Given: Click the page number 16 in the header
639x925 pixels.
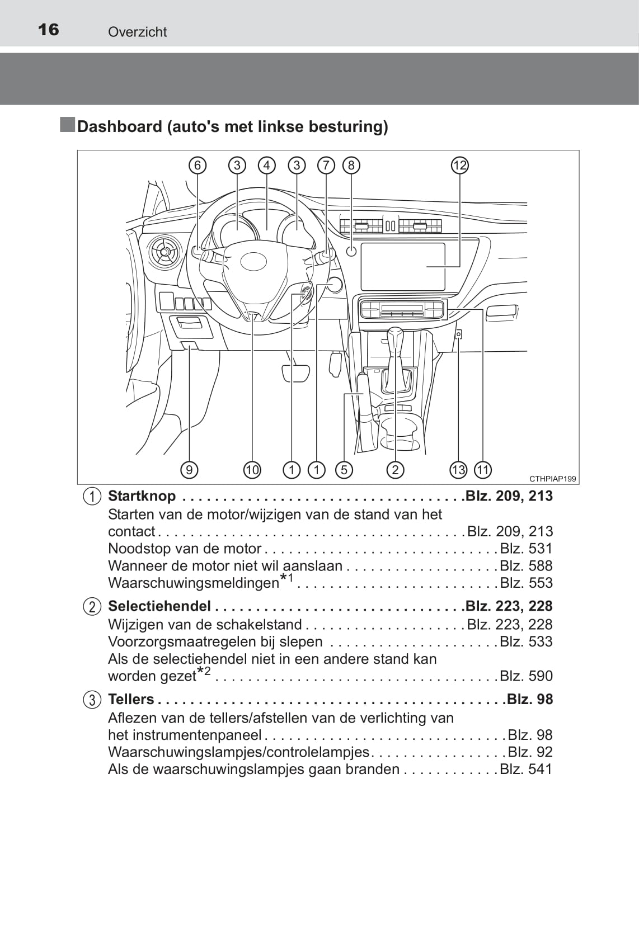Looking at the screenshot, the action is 48,30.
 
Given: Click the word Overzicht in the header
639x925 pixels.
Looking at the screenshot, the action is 137,32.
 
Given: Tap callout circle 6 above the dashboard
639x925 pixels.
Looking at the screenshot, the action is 198,166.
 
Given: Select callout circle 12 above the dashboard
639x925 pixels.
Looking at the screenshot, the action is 460,166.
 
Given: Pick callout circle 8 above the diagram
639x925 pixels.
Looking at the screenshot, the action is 351,166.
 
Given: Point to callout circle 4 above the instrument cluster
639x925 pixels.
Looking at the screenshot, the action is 267,166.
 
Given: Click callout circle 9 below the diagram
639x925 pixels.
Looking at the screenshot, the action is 189,470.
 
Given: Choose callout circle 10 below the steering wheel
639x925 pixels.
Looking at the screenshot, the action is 252,470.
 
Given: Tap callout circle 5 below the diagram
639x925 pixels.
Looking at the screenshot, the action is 344,470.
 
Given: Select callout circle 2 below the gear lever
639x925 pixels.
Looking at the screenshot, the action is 395,470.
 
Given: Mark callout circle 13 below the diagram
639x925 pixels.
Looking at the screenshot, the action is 458,470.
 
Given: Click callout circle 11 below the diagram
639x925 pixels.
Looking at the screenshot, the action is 483,470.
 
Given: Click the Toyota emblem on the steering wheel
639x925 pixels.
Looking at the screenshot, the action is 253,261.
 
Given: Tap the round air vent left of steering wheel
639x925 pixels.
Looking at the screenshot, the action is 165,252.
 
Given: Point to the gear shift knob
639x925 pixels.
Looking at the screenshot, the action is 396,337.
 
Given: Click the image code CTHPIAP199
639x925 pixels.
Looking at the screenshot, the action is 553,479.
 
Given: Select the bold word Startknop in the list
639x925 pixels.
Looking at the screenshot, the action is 142,496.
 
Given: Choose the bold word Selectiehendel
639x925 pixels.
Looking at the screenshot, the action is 159,606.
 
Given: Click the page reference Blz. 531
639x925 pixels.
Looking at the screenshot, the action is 526,549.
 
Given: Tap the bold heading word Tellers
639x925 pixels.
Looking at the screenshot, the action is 131,699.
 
